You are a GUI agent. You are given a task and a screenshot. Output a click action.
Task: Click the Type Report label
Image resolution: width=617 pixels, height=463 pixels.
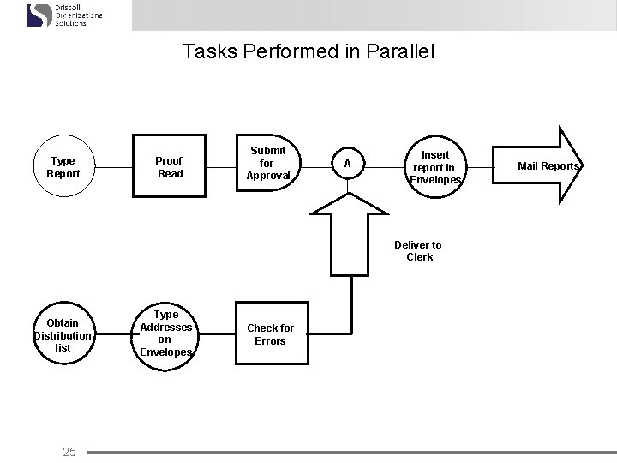point(63,167)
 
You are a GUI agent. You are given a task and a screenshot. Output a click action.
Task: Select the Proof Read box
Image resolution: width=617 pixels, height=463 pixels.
point(169,167)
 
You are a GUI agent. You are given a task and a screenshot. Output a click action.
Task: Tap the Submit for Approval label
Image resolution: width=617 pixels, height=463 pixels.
point(267,163)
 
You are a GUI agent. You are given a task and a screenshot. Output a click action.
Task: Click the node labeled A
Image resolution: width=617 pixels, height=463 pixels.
point(347,163)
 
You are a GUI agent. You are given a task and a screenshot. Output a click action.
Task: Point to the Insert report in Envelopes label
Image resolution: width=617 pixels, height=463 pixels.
point(435,167)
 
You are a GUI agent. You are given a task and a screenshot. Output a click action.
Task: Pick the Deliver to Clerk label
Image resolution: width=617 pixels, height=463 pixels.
point(418,250)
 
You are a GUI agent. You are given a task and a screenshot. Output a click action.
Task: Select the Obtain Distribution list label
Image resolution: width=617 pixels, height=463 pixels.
point(63,335)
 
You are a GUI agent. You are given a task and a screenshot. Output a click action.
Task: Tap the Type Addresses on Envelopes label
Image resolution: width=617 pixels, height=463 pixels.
point(165,334)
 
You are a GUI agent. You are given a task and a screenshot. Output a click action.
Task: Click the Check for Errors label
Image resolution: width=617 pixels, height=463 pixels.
point(270,334)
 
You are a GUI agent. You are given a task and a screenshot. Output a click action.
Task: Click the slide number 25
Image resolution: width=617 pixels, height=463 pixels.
point(69,452)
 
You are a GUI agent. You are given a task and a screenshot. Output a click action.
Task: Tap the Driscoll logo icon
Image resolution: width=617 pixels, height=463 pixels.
point(39,15)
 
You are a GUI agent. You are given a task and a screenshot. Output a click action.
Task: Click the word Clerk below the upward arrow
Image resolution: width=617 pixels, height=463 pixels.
point(420,257)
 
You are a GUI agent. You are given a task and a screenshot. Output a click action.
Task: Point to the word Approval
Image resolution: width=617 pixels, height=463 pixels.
point(267,176)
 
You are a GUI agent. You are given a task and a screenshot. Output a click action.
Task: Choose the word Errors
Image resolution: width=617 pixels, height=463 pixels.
point(270,341)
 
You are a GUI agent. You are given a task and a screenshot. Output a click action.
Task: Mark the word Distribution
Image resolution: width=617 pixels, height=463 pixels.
point(63,335)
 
